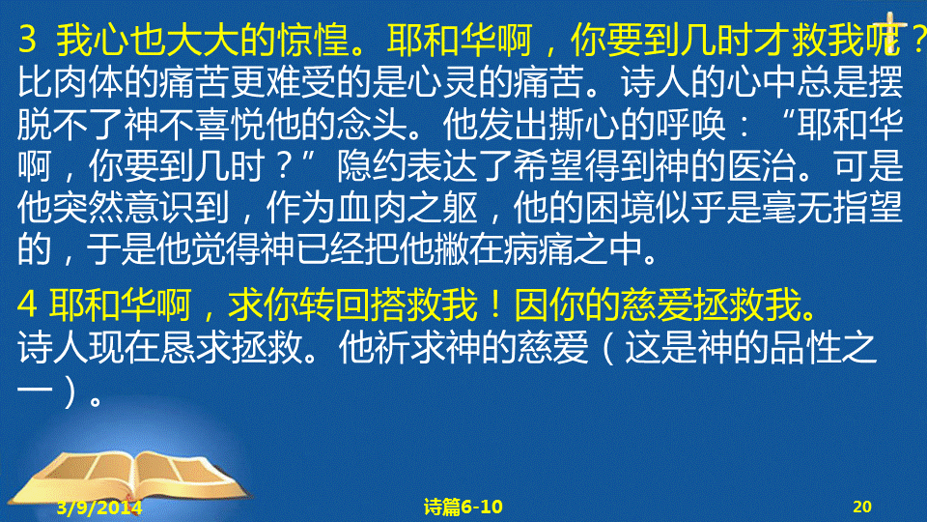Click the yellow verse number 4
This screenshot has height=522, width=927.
point(27,305)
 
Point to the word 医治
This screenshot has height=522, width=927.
point(762,166)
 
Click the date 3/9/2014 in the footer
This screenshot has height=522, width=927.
point(99,507)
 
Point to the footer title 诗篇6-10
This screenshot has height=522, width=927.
point(463,507)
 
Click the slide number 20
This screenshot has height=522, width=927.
point(862,507)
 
